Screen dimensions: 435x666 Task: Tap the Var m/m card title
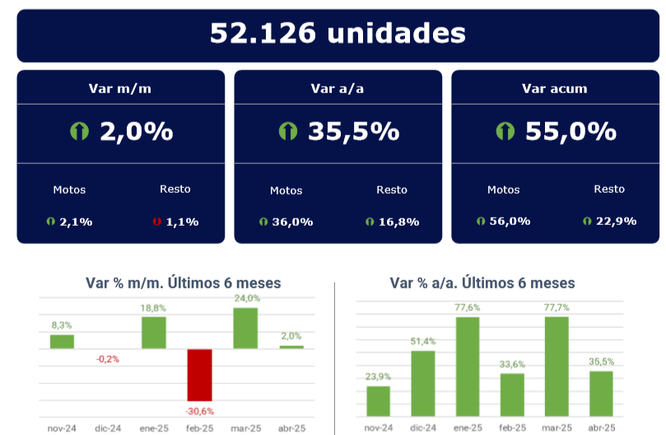coord(120,88)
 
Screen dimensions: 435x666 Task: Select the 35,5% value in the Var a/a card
coord(353,131)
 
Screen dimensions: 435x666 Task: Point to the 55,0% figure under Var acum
coord(571,131)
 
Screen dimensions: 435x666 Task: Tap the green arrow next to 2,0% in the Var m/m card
coord(80,131)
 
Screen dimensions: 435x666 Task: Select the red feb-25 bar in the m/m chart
coord(199,375)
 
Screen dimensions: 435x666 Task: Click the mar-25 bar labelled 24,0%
coord(245,328)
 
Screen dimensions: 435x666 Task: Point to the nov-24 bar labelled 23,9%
coord(378,400)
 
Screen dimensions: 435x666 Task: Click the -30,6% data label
coord(199,410)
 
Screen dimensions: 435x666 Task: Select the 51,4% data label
coord(422,341)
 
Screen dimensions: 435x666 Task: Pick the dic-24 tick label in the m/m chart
coord(107,428)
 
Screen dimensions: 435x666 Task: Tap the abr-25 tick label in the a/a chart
coord(602,428)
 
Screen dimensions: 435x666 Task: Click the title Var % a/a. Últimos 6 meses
coord(482,283)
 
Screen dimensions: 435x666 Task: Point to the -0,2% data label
coord(107,358)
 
